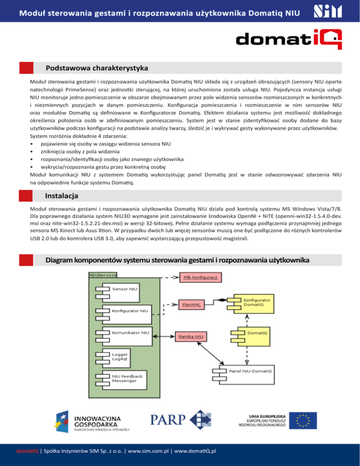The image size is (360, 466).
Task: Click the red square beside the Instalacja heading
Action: coord(26,195)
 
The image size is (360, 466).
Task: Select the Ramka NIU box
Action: coord(190,336)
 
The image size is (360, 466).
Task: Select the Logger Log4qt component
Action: coord(118,357)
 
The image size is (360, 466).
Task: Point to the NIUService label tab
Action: coord(103,274)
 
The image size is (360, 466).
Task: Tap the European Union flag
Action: coord(301,420)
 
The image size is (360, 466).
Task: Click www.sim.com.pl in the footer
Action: coord(150,451)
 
